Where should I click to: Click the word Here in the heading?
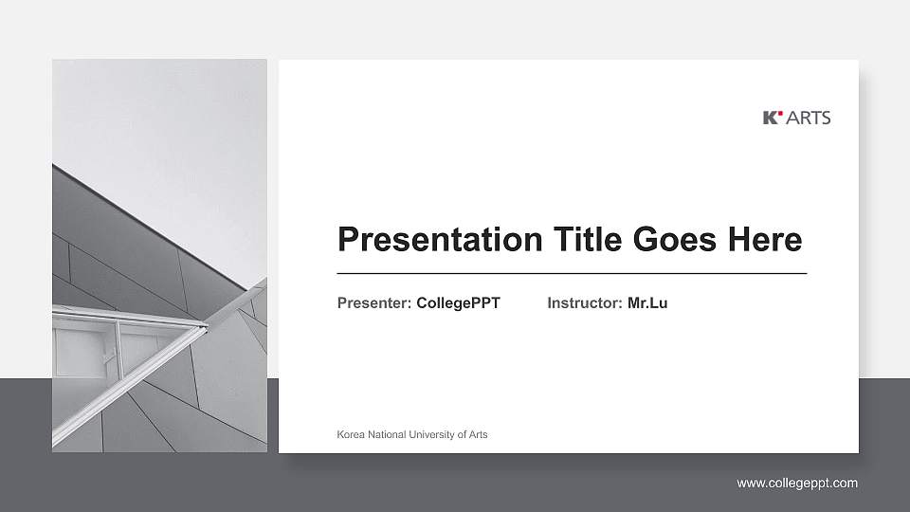(764, 239)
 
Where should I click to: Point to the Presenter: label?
(374, 303)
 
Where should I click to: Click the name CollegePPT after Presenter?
(458, 303)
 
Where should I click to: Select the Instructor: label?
(585, 303)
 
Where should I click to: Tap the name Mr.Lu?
(647, 303)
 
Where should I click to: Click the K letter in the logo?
(770, 118)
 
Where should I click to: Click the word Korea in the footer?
(351, 434)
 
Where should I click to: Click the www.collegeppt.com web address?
(797, 484)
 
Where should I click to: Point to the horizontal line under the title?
(572, 273)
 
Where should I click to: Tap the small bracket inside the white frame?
(108, 357)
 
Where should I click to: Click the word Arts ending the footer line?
(477, 434)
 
